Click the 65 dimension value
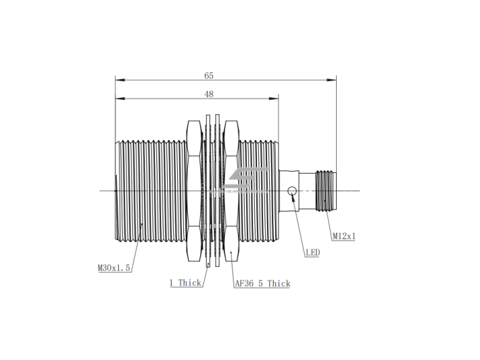(209, 76)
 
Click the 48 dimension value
(209, 94)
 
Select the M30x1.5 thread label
(114, 268)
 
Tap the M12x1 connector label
(344, 236)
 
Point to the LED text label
(313, 253)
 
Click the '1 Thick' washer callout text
(185, 282)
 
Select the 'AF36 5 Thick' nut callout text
(263, 284)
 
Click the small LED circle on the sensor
(292, 191)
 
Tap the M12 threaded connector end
(326, 191)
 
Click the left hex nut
(195, 191)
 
